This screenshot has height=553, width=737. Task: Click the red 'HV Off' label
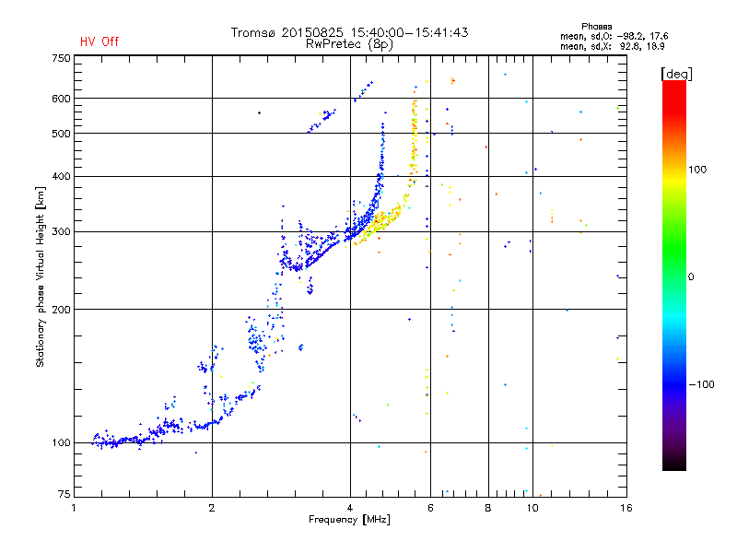99,41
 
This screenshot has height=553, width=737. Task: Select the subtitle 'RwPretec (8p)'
349,44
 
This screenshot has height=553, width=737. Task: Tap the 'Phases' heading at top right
596,27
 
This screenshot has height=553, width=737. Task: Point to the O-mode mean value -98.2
628,36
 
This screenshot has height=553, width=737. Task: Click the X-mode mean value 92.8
631,46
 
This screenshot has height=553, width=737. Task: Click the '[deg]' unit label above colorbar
676,74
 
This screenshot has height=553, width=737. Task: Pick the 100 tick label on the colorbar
697,170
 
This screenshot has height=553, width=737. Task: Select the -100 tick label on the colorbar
701,384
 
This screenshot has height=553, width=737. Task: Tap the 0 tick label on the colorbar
691,277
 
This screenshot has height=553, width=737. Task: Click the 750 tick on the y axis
61,58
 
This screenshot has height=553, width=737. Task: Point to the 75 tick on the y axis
64,494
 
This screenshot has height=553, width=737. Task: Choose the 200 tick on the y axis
61,310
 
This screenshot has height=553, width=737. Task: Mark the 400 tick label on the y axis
61,176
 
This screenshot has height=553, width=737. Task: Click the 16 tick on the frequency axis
626,508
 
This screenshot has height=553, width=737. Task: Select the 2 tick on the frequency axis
212,508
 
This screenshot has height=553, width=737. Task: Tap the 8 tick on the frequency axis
488,508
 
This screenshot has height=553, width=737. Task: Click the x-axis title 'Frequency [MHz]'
349,520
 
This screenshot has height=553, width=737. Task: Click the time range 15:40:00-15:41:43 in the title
409,32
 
